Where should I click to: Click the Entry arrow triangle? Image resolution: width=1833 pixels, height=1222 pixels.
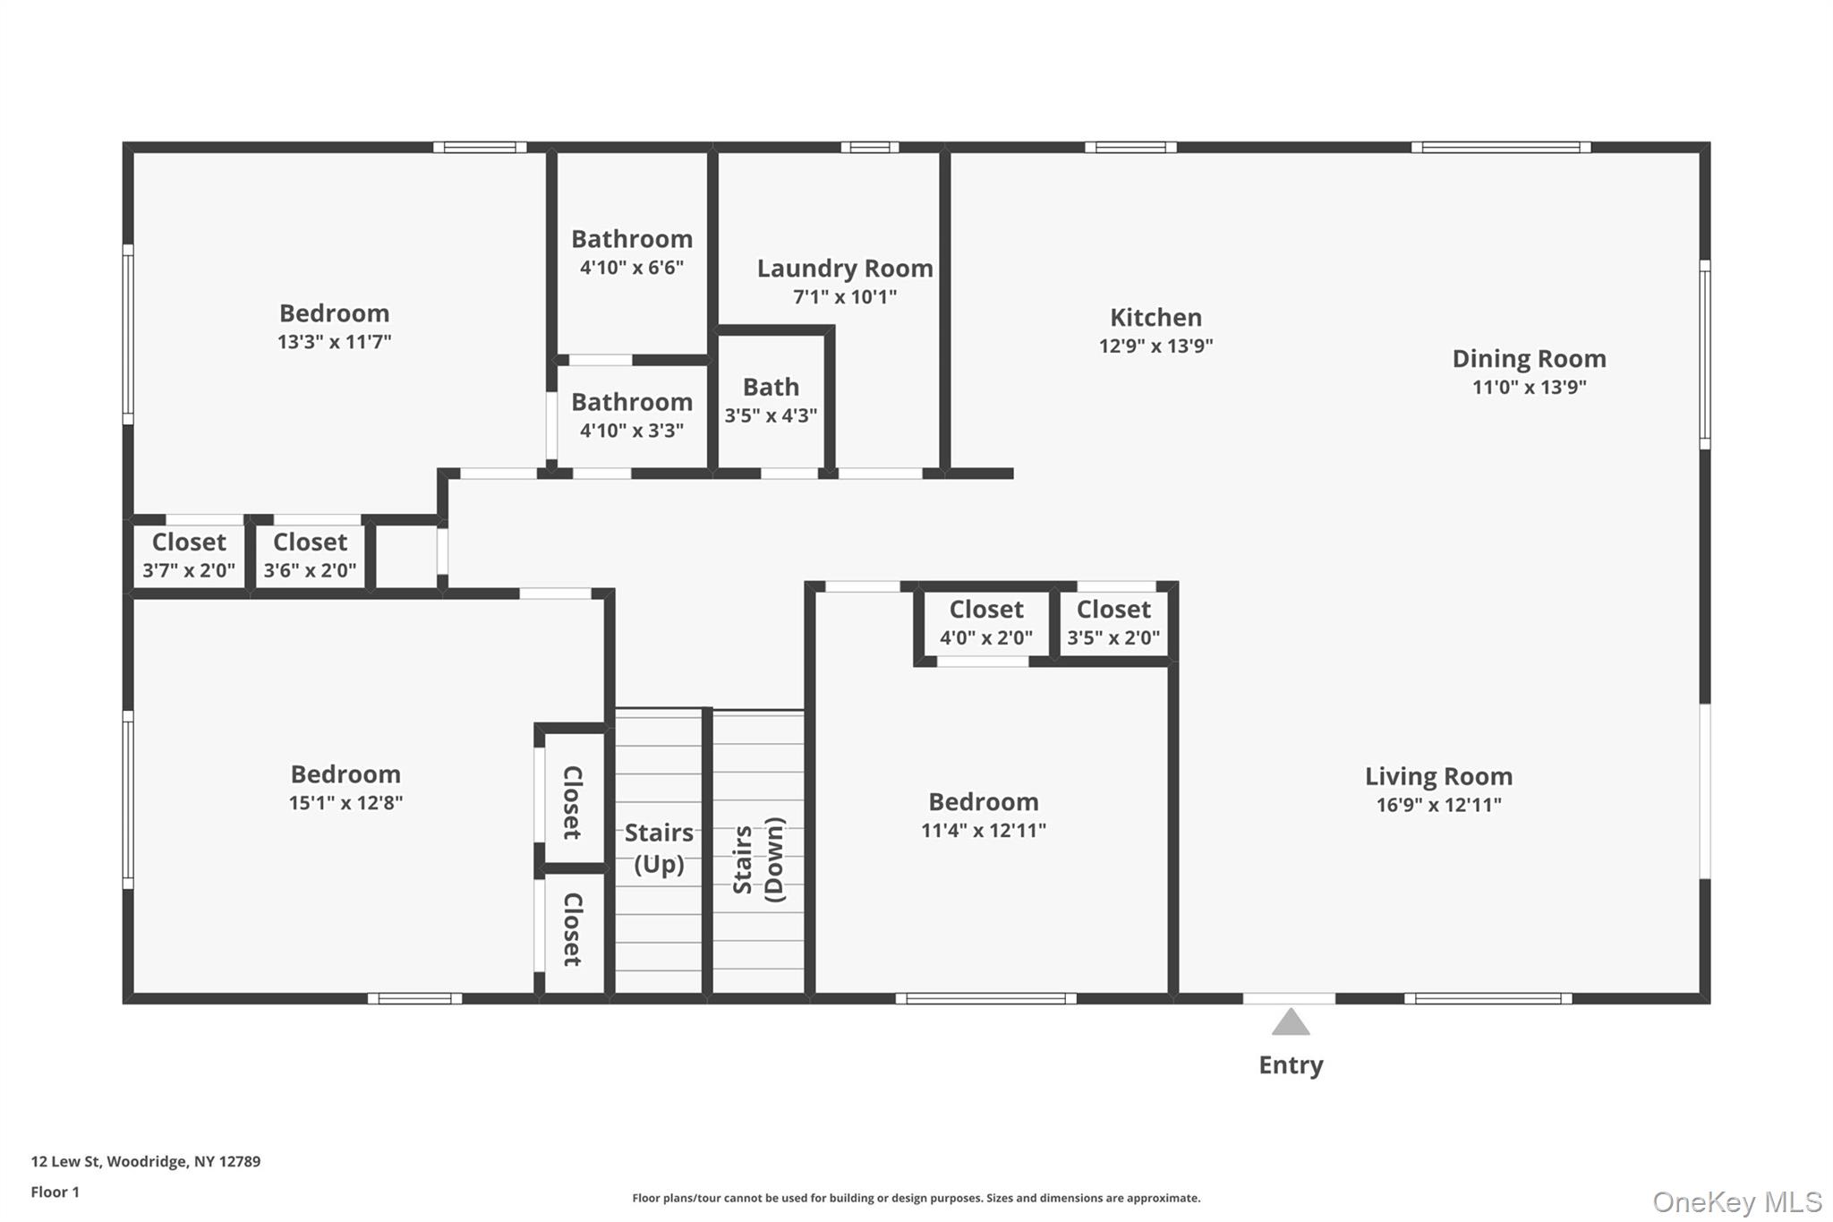point(1290,1023)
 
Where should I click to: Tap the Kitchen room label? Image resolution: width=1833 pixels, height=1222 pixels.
point(1155,318)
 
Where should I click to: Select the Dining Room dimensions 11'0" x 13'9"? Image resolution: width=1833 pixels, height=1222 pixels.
point(1529,388)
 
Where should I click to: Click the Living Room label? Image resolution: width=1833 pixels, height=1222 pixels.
point(1438,776)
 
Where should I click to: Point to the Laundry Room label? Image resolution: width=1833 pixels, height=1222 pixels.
point(844,269)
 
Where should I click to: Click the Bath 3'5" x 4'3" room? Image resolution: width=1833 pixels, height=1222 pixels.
point(771,400)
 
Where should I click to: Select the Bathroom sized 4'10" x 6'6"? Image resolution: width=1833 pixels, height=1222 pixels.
point(632,252)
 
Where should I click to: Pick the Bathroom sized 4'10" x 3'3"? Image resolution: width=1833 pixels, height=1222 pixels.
point(632,415)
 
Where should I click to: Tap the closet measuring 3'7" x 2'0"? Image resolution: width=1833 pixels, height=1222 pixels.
point(189,556)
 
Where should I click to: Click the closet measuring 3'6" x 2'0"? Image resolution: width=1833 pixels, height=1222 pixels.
point(310,556)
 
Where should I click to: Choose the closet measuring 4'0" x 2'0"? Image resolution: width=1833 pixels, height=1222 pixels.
point(985,623)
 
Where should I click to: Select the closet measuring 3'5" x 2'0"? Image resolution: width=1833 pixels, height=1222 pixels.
point(1113,623)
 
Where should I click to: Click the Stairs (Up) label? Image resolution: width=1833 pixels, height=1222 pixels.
point(659,848)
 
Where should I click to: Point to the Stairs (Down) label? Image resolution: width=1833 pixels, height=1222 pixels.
point(758,859)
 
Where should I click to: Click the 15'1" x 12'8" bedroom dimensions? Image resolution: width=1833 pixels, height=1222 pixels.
point(345,803)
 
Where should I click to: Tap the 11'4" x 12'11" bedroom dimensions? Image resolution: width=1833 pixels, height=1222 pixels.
point(983,831)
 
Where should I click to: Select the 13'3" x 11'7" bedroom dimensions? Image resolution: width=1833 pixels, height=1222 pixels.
point(334,342)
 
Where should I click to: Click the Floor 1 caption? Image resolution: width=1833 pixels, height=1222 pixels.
point(55,1192)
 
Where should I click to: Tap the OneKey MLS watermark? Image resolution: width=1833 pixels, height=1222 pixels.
point(1736,1201)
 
